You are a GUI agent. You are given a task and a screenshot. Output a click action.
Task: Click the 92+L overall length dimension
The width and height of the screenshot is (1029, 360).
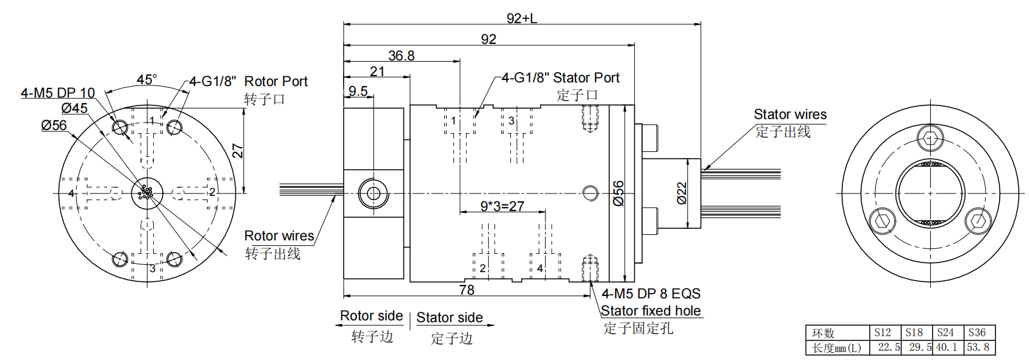[x=521, y=18]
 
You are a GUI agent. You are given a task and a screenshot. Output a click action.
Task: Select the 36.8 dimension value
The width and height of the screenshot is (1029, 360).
[x=401, y=56]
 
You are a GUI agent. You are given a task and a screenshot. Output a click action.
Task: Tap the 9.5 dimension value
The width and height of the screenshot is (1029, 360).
[x=358, y=92]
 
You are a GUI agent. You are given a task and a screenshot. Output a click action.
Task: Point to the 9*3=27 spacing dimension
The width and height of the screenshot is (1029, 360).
[x=502, y=206]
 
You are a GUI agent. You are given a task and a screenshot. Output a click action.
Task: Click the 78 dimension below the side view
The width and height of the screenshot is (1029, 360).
[x=467, y=290]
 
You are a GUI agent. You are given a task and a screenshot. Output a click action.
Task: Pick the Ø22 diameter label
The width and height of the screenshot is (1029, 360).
[x=682, y=193]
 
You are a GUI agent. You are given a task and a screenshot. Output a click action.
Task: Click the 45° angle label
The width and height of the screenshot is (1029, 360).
[x=146, y=80]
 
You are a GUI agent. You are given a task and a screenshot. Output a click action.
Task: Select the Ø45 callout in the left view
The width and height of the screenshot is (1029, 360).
[x=74, y=109]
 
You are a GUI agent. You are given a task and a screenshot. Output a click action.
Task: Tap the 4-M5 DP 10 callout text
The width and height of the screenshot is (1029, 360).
[x=58, y=93]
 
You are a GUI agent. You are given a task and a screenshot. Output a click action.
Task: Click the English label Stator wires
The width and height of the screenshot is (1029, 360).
[x=790, y=115]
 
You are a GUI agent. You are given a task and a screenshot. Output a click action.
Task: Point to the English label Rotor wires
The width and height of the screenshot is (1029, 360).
[x=279, y=236]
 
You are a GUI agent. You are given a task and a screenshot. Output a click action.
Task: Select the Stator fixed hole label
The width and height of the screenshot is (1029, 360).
[x=651, y=311]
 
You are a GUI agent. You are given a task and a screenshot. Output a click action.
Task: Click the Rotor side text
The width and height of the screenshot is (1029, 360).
[x=371, y=316]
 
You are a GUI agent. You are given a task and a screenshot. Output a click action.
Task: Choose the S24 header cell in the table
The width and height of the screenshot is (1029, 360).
[x=945, y=333]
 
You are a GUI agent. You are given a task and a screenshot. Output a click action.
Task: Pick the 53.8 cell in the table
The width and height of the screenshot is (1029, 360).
[x=978, y=347]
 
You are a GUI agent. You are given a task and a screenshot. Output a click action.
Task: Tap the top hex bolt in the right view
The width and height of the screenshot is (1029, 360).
[x=930, y=139]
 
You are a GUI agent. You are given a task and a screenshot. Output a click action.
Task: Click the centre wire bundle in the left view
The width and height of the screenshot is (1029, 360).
[x=146, y=193]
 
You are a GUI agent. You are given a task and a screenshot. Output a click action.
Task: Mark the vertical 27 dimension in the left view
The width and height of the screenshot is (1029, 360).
[x=238, y=151]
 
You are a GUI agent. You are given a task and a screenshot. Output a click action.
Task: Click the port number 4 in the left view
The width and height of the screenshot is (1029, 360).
[x=71, y=193]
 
